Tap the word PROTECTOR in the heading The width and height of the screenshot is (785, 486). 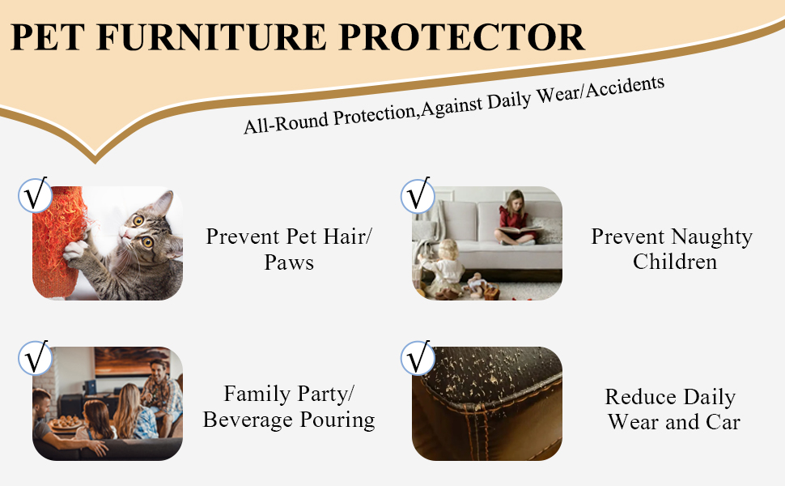pos(462,37)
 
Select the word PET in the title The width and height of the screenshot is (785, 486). pos(48,37)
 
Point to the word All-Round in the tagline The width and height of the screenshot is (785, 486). pos(286,122)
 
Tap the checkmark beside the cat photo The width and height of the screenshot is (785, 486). pos(35,194)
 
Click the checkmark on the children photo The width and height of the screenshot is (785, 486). pos(418,194)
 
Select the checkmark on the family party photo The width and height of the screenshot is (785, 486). pos(35,358)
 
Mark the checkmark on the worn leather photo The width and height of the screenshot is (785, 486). pos(418,358)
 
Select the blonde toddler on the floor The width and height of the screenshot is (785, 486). pos(444,268)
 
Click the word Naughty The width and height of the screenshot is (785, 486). pos(711,237)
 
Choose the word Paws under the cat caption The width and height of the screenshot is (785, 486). pos(290,262)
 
